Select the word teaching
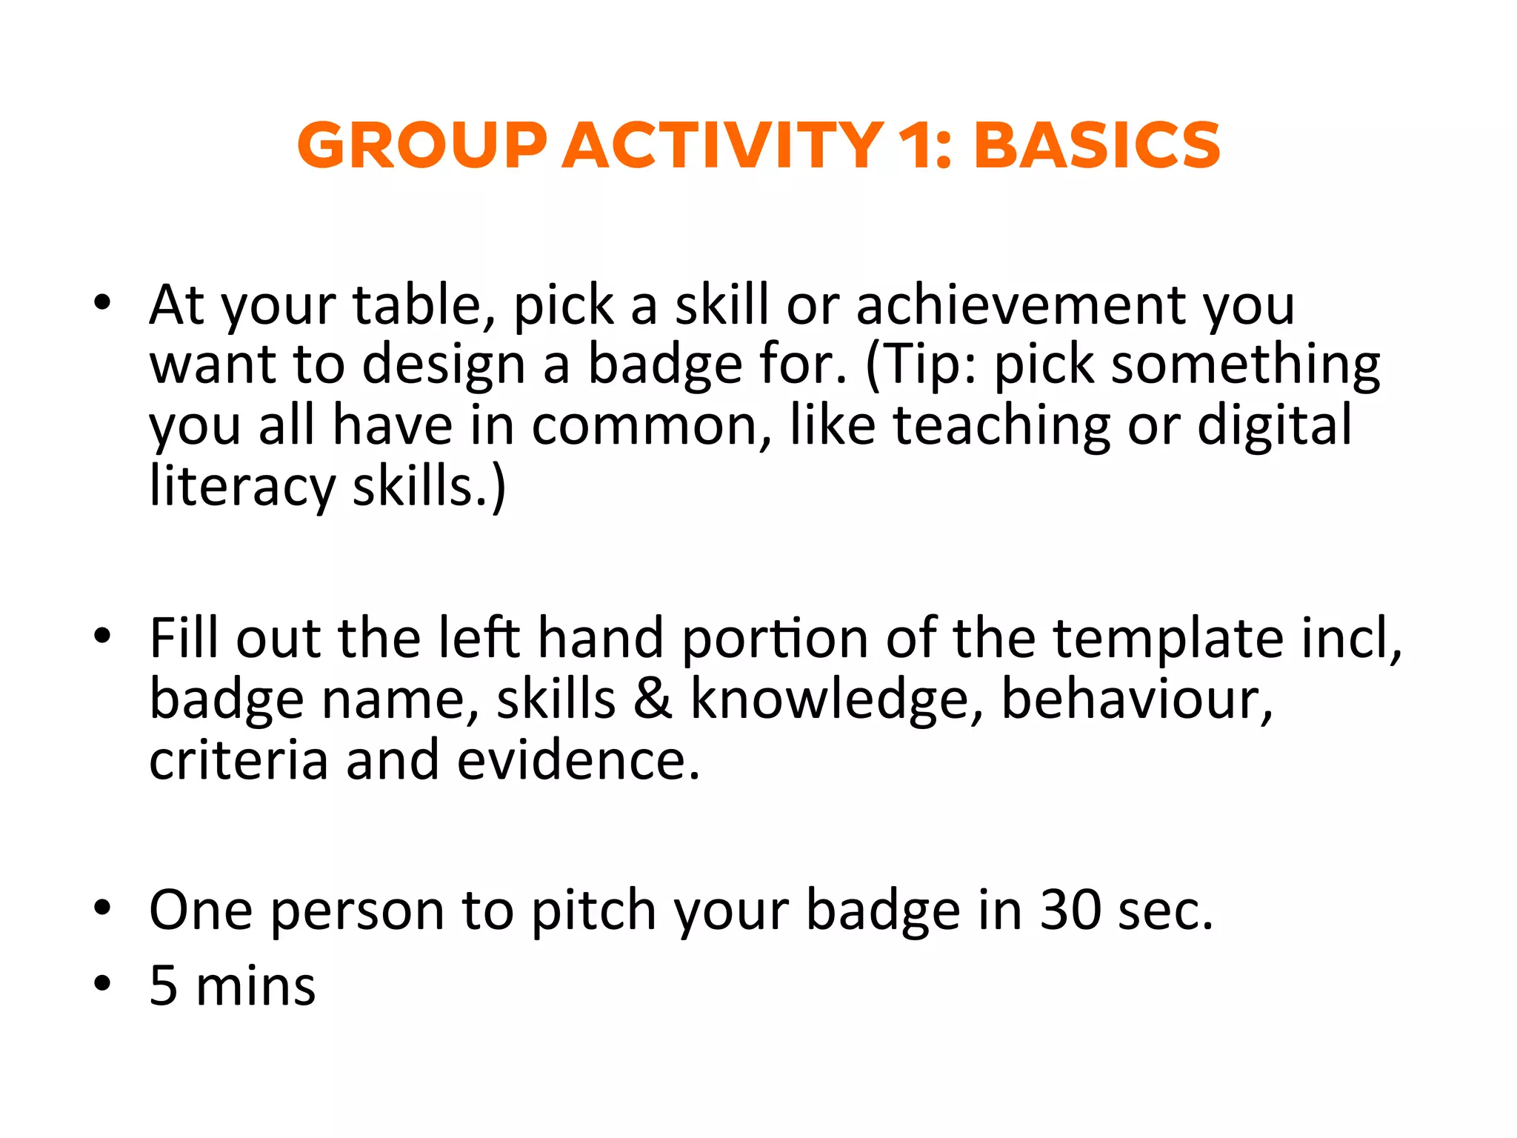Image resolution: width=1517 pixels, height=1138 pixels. point(1001,426)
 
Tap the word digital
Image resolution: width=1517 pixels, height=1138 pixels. point(1274,426)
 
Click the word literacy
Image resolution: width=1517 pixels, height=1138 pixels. point(242,487)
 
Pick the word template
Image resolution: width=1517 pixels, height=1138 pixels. point(1168,638)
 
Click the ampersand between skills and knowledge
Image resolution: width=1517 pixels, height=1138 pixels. point(652,699)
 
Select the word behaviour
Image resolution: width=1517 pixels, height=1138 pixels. point(1136,699)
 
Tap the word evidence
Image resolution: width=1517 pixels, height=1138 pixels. point(578,760)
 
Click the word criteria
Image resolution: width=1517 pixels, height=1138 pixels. point(238,760)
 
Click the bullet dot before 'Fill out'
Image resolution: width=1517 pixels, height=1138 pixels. point(102,635)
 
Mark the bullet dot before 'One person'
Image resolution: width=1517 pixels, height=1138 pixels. point(102,907)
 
